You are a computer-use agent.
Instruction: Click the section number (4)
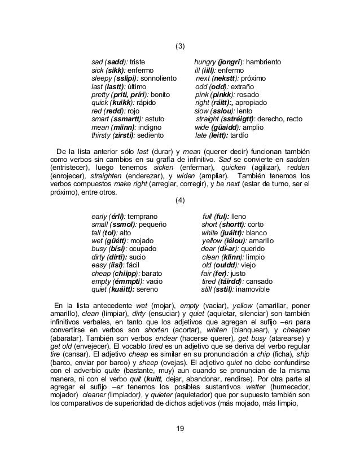point(180,201)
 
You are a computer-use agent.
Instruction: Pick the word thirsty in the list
point(102,136)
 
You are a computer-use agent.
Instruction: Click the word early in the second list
point(100,217)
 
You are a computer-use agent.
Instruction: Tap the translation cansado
point(260,282)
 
